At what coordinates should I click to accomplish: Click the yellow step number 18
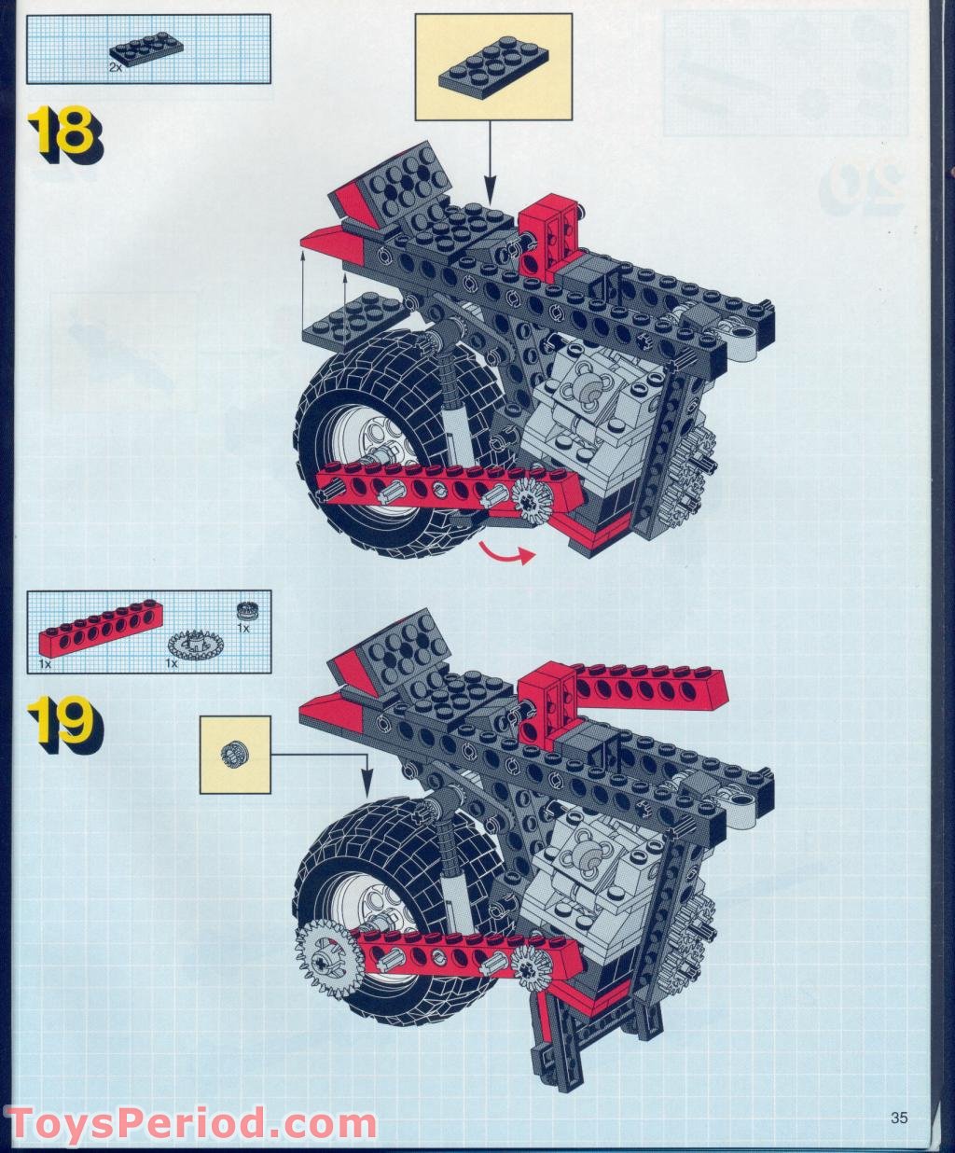point(61,133)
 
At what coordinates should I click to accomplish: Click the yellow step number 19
point(61,723)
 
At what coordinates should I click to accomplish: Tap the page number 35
point(899,1118)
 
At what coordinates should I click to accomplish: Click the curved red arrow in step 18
point(506,554)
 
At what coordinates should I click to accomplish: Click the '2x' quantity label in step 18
point(115,68)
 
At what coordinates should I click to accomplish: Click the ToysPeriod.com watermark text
point(190,1122)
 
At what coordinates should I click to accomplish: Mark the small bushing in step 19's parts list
point(247,611)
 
